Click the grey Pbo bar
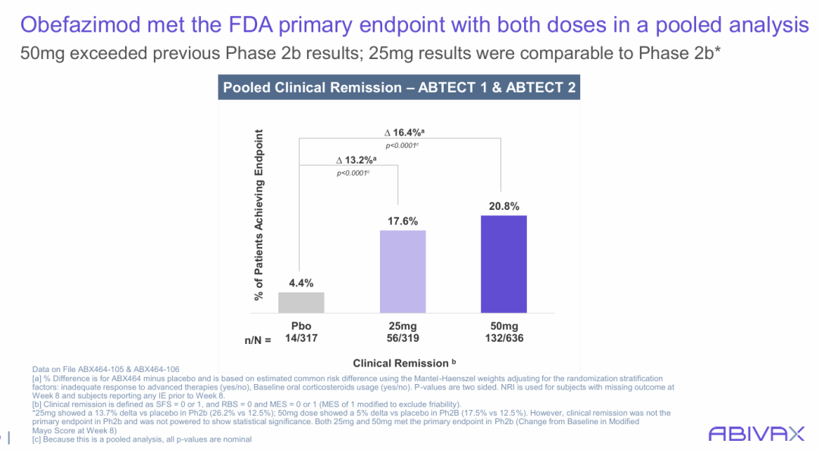tap(301, 302)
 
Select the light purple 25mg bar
tap(403, 271)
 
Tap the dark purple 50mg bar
tap(504, 264)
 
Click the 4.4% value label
tap(301, 283)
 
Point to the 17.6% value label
tap(403, 221)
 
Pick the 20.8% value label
tap(504, 206)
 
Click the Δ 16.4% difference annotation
tap(402, 133)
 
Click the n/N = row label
tap(257, 340)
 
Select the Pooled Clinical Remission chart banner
tap(399, 87)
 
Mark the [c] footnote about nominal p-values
tap(142, 439)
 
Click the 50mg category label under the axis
tap(504, 327)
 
